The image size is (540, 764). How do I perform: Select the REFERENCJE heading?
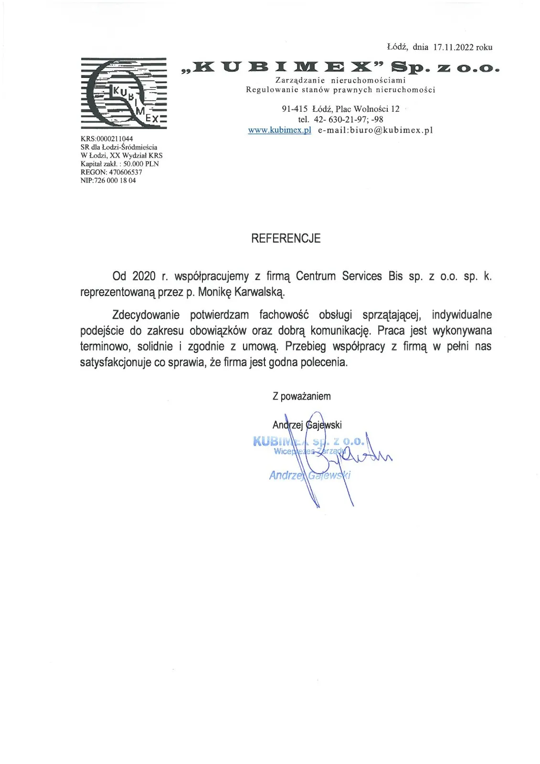[286, 238]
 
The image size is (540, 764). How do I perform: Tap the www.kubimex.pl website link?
[279, 130]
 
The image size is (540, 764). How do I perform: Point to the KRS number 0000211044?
[115, 139]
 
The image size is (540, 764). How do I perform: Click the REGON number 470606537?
[125, 172]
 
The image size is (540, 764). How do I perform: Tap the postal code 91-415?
[295, 109]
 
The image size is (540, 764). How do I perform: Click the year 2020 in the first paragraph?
[144, 276]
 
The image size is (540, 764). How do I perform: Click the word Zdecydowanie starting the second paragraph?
[146, 315]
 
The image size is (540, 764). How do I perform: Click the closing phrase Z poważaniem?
[301, 396]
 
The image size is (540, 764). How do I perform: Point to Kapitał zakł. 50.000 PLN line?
[119, 164]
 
